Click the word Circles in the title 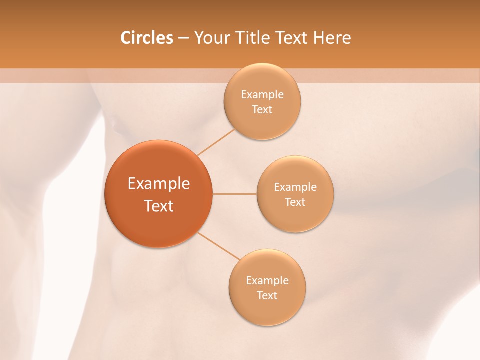146,38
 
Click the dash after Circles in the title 183,38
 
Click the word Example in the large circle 158,184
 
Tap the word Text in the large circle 158,206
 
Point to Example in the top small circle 262,94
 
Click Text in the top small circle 262,110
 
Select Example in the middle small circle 295,187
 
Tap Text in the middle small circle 295,202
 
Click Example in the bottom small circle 267,280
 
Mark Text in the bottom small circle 267,295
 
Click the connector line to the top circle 216,142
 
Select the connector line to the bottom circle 219,246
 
